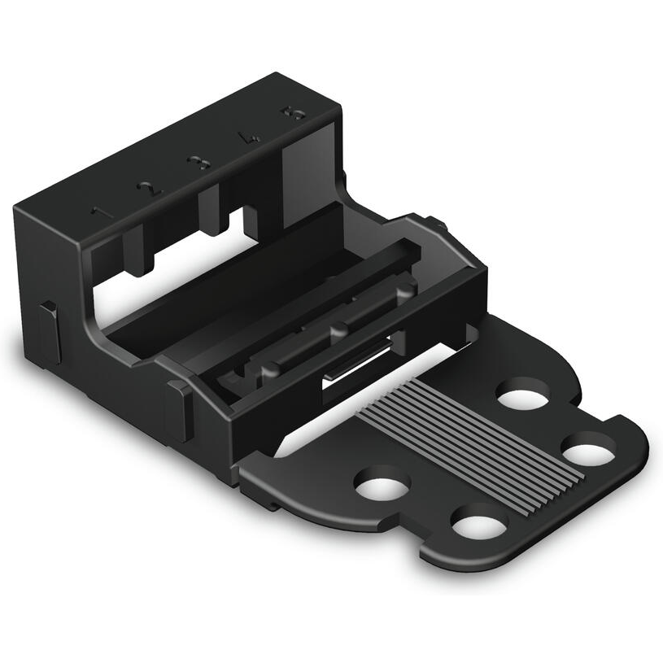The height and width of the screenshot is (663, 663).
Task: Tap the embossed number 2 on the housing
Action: pyautogui.click(x=149, y=189)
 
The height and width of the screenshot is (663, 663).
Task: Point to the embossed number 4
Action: pyautogui.click(x=249, y=137)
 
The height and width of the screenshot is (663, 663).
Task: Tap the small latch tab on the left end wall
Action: pyautogui.click(x=49, y=329)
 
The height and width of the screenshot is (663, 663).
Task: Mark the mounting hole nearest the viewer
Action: pyautogui.click(x=479, y=524)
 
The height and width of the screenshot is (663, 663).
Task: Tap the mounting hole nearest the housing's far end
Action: pyautogui.click(x=521, y=397)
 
